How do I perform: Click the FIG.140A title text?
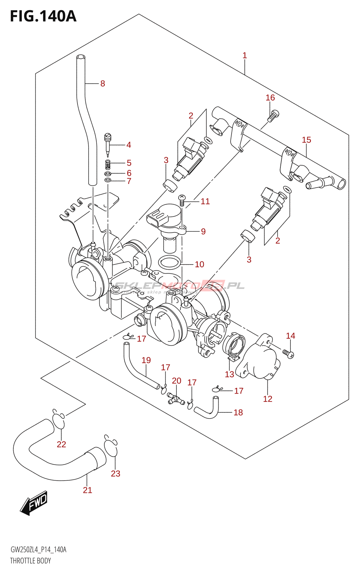(43, 16)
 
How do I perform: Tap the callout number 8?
(103, 84)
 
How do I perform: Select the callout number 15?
(306, 140)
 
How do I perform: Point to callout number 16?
(270, 98)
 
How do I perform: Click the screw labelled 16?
(273, 116)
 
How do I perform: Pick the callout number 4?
(128, 145)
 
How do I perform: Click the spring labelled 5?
(108, 164)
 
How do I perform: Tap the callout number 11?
(205, 201)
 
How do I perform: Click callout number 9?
(203, 231)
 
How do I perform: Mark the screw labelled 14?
(288, 354)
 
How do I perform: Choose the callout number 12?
(267, 399)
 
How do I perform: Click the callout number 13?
(229, 375)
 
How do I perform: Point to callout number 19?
(146, 360)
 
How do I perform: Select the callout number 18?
(238, 413)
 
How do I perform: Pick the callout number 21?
(87, 490)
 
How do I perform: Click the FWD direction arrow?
(34, 502)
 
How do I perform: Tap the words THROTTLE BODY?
(30, 561)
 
